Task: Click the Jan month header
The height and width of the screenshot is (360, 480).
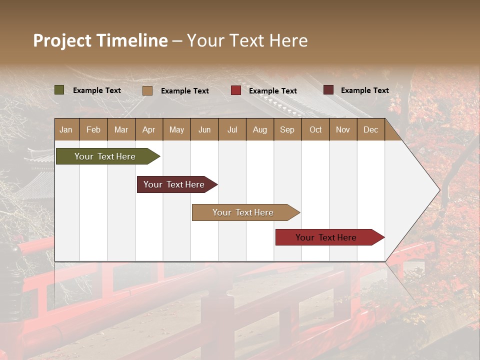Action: pyautogui.click(x=66, y=129)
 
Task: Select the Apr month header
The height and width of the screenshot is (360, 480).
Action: pyautogui.click(x=149, y=129)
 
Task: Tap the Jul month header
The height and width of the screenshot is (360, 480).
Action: pyautogui.click(x=232, y=129)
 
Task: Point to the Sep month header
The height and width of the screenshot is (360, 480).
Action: pyautogui.click(x=287, y=129)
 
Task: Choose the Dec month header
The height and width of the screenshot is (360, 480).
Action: pyautogui.click(x=370, y=129)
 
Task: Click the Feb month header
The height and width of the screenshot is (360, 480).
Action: pyautogui.click(x=93, y=129)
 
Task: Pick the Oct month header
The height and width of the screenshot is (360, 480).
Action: pyautogui.click(x=315, y=129)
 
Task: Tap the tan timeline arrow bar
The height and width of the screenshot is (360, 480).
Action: pyautogui.click(x=243, y=212)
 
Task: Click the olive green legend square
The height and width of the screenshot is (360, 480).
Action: pyautogui.click(x=59, y=90)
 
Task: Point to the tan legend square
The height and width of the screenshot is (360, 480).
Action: pyautogui.click(x=147, y=90)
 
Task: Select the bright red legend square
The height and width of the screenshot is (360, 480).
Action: pyautogui.click(x=236, y=90)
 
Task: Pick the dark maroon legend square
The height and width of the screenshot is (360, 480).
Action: pyautogui.click(x=328, y=90)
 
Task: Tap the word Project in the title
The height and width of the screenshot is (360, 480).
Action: pyautogui.click(x=62, y=40)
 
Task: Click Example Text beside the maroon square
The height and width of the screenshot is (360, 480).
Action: pyautogui.click(x=364, y=90)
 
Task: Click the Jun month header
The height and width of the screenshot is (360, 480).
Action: pyautogui.click(x=204, y=129)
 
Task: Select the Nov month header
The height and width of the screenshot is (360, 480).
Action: pyautogui.click(x=343, y=129)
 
